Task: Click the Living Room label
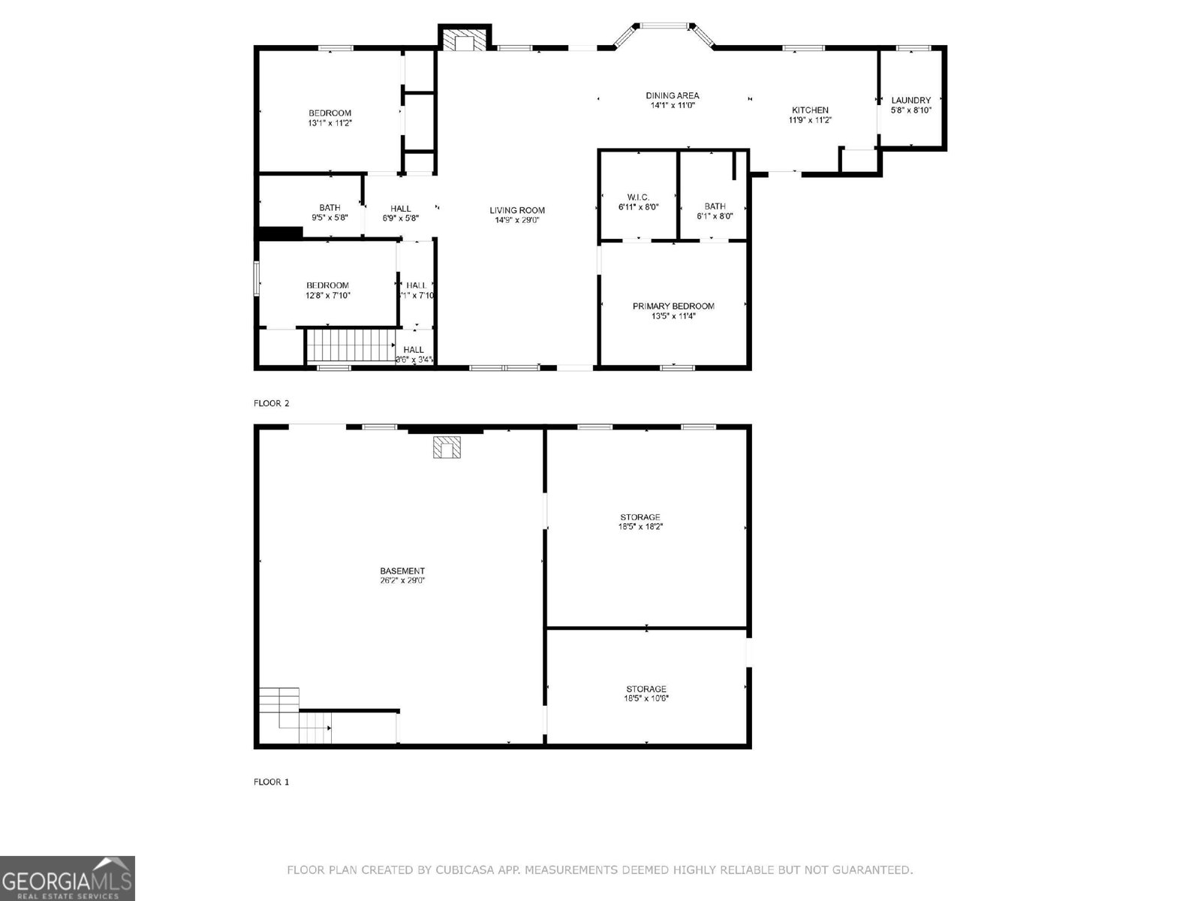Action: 517,210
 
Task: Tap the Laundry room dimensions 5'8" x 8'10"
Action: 911,110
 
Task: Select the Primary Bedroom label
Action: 673,306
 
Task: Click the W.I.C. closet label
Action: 638,197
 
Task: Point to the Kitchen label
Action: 810,110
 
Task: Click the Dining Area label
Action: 673,95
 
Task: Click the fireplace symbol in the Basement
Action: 447,447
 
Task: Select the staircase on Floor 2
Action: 351,346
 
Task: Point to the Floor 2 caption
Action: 272,403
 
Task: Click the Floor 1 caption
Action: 272,782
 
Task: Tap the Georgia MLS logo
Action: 68,878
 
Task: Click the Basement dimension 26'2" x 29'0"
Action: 402,580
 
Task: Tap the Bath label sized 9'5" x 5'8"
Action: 330,207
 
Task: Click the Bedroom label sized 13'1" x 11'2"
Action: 330,113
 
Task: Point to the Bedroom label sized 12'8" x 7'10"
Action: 327,285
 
